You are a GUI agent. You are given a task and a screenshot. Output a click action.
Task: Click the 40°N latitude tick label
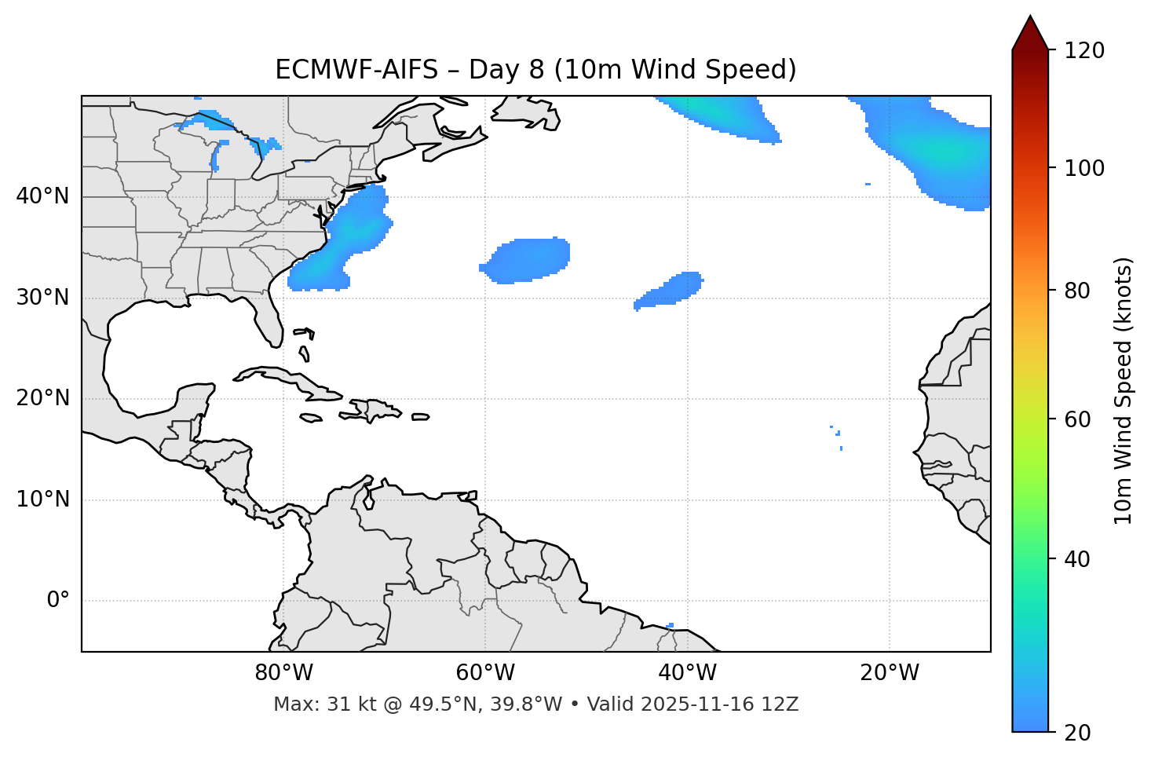point(42,196)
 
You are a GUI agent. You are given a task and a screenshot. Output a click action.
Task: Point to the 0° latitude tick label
point(58,601)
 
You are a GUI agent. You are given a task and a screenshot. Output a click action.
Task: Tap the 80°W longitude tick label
point(283,673)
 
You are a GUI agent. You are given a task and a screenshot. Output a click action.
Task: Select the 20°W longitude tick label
point(890,673)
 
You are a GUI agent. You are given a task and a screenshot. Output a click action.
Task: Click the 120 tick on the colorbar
point(1084,50)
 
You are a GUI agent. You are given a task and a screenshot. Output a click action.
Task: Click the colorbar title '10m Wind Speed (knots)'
point(1124,390)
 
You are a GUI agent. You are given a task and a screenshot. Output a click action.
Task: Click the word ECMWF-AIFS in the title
point(356,70)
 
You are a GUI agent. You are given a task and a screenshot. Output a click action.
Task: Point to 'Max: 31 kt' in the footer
point(307,704)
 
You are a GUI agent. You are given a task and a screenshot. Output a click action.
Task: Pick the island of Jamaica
point(311,419)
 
